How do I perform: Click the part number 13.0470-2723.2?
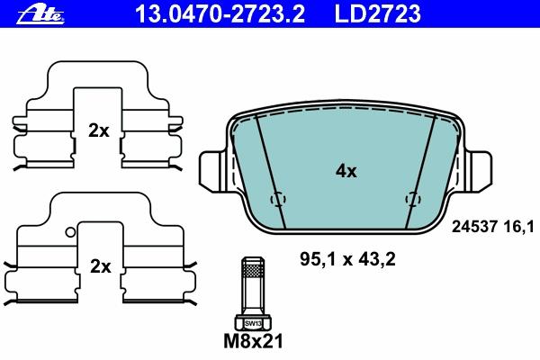point(220,13)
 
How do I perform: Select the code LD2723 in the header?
point(378,13)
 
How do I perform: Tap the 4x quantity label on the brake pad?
point(346,171)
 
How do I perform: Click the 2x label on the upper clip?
point(98,130)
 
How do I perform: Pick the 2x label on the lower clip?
point(100,266)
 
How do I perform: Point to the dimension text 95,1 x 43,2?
point(347,259)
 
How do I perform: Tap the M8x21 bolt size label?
point(253,341)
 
